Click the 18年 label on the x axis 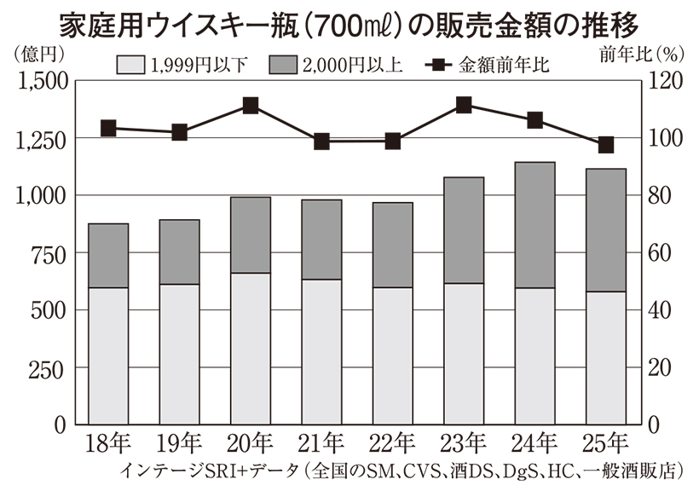point(107,443)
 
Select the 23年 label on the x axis point(463,443)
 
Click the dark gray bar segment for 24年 point(534,225)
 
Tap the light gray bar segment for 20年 point(251,349)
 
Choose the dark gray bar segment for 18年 point(108,256)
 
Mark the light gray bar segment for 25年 point(605,358)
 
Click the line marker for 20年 point(251,106)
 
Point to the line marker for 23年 point(464,105)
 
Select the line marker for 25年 point(606,145)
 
